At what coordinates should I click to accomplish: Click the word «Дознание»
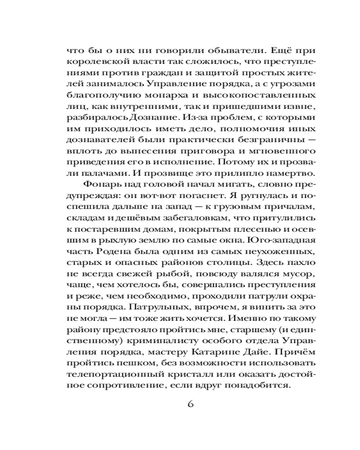(154, 117)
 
